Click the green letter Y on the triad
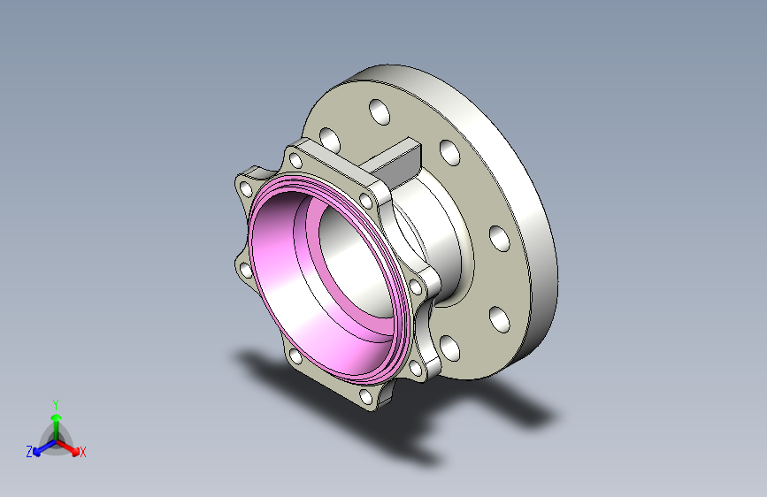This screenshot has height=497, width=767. pos(55,402)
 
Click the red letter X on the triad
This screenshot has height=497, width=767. pos(83,452)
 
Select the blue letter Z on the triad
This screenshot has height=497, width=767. pos(29,451)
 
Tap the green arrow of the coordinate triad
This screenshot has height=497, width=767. pos(55,419)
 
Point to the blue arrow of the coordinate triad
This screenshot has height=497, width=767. pos(41,447)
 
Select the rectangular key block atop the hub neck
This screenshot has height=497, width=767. pos(397,158)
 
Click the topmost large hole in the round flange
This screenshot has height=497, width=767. pos(379,112)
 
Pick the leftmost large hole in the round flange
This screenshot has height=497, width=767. pos(330,140)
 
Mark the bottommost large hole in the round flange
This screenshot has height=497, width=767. pos(449,348)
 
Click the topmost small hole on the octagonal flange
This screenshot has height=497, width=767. pos(292,160)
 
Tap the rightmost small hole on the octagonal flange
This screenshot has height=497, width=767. pos(415,287)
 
